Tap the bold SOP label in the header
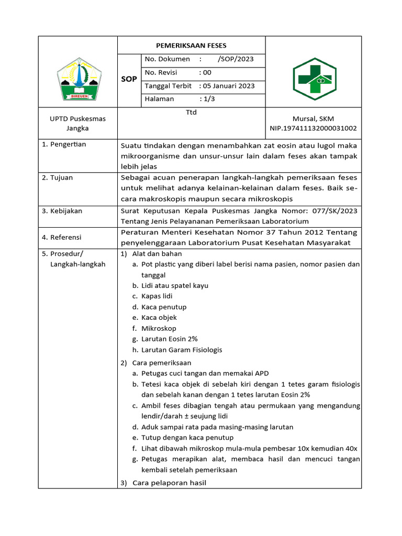click(129, 79)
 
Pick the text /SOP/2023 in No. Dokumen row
click(236, 59)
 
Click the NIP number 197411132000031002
click(313, 128)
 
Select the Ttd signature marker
click(191, 112)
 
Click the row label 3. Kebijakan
click(62, 211)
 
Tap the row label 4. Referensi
click(62, 237)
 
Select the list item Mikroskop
click(158, 328)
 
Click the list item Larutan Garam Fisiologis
click(181, 350)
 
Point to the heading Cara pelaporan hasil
click(170, 483)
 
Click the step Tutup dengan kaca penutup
click(187, 438)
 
